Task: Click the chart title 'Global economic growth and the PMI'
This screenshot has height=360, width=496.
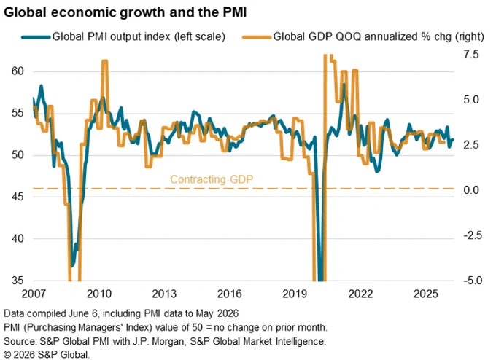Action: [125, 12]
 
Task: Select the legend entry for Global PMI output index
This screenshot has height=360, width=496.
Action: [123, 36]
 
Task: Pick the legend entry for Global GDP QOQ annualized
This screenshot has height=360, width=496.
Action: [363, 36]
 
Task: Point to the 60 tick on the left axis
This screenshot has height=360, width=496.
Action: [18, 71]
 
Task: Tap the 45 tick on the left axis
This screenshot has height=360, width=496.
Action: [18, 197]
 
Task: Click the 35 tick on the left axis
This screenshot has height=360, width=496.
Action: [18, 281]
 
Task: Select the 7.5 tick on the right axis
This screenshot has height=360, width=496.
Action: [471, 55]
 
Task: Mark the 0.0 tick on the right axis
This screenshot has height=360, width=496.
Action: [471, 190]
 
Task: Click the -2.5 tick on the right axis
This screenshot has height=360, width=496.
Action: [473, 235]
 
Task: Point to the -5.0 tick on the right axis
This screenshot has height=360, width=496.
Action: [473, 281]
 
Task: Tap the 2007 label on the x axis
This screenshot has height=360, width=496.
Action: [34, 294]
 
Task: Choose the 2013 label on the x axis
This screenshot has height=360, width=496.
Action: [164, 294]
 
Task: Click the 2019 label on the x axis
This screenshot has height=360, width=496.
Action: [295, 294]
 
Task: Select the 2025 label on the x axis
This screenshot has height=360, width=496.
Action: [426, 294]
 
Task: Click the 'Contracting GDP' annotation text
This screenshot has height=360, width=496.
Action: [212, 179]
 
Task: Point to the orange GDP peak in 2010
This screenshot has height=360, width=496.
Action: [105, 61]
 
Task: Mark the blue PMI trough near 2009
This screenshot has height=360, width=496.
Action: [72, 266]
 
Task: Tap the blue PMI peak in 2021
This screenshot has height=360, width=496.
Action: [344, 84]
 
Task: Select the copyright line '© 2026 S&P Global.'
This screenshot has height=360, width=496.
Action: [47, 355]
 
